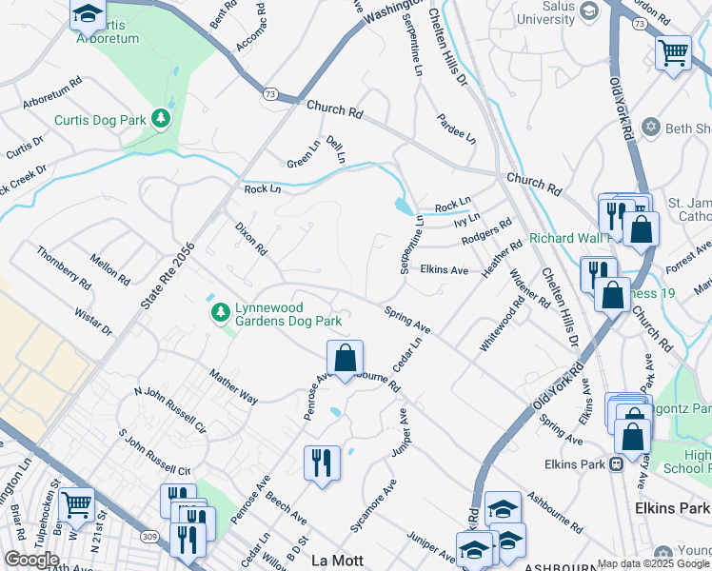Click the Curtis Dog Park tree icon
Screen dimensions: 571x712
click(163, 119)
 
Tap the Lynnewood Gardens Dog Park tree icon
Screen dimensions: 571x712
click(221, 311)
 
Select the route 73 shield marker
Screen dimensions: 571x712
click(271, 93)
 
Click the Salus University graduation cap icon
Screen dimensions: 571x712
click(588, 10)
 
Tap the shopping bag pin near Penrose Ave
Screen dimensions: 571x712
click(346, 358)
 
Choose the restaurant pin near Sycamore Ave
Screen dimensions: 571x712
click(321, 463)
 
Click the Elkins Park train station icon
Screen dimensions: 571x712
click(616, 464)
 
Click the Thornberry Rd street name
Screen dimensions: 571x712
click(63, 267)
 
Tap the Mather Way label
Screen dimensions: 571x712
click(233, 387)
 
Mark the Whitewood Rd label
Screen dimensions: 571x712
click(501, 325)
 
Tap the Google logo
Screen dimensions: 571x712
click(31, 560)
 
